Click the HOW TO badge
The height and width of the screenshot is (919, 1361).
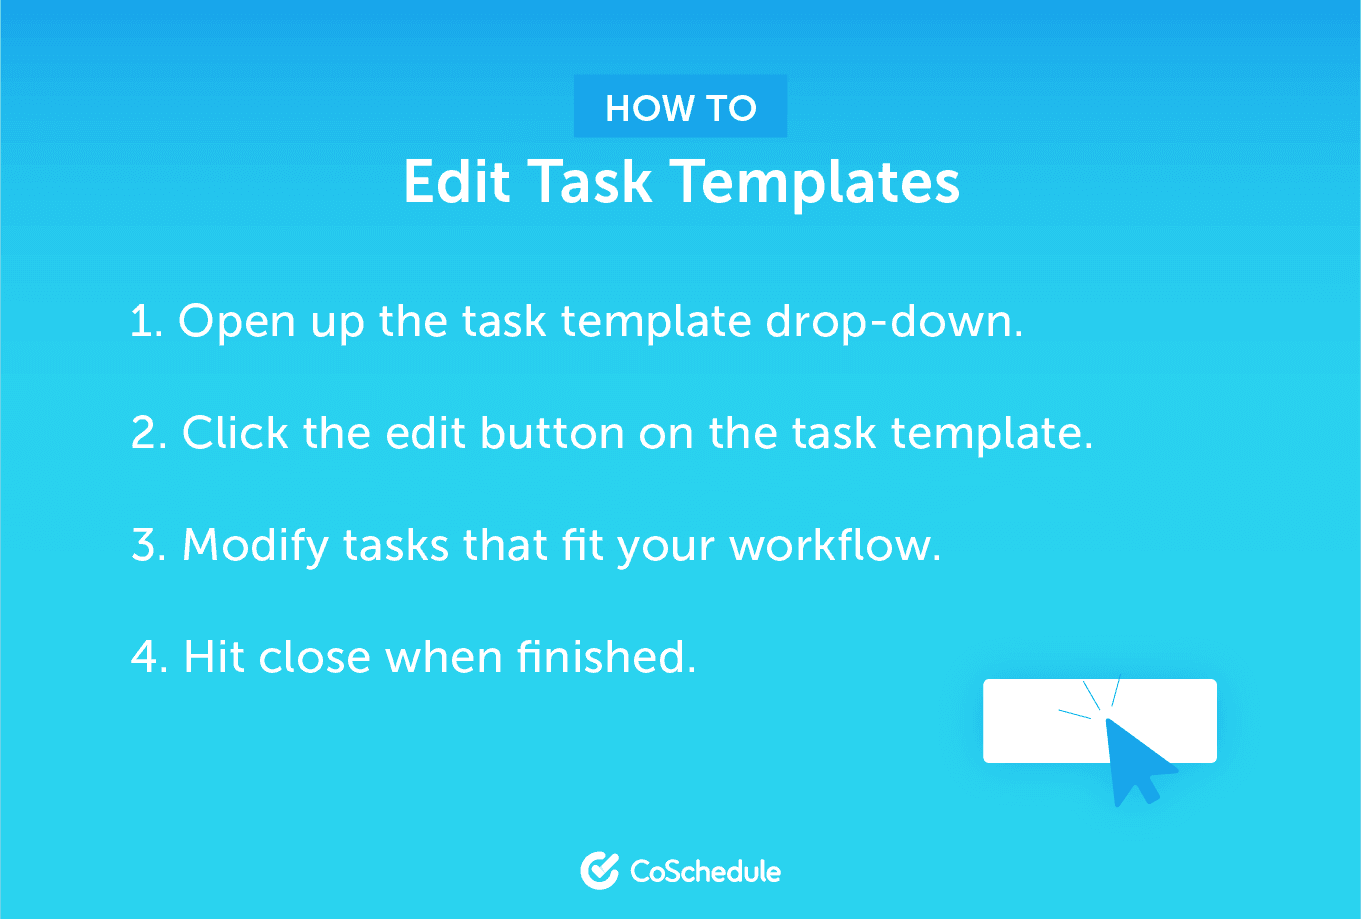[x=680, y=106]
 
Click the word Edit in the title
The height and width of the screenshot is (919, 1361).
[x=457, y=181]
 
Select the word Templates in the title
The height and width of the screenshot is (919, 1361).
[x=818, y=184]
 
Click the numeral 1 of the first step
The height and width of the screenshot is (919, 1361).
[x=141, y=321]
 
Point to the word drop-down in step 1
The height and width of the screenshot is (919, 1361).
[x=894, y=322]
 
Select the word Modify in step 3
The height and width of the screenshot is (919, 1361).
[x=256, y=547]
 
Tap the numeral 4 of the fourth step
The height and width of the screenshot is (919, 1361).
[x=145, y=657]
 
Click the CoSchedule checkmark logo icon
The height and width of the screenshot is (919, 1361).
[x=600, y=870]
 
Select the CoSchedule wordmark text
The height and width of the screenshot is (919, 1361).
[x=705, y=871]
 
